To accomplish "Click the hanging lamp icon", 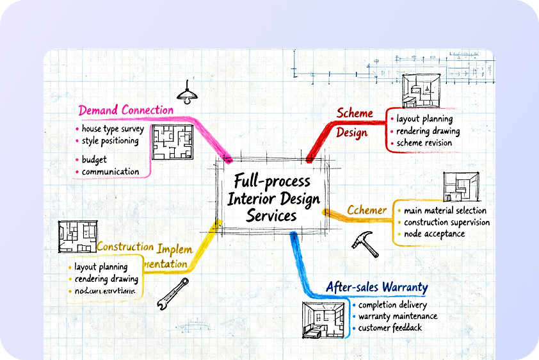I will coord(187,94).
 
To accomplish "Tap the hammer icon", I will coord(366,243).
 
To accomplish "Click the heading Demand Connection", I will coord(126,110).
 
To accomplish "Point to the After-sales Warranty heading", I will coord(376,287).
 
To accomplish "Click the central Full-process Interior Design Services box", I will coord(273,197).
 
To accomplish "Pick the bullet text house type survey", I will coord(113,129).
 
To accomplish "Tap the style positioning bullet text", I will coord(110,141).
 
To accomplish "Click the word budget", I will coord(94,160).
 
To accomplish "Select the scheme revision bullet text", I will coord(424,143).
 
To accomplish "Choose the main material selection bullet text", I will coord(445,210).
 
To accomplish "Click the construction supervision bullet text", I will coord(447,222).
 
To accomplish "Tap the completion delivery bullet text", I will coord(392,304).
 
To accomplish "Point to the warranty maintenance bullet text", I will coord(398,316).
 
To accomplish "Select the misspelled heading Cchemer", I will coord(367,210).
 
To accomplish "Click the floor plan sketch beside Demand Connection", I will coord(172,142).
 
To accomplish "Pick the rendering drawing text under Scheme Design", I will coord(428,131).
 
